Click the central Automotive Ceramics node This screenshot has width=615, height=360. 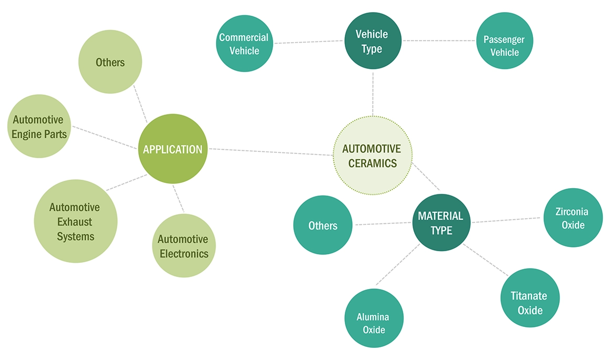pyautogui.click(x=373, y=156)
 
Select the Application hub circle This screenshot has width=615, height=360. pyautogui.click(x=172, y=149)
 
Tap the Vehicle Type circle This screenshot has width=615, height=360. pyautogui.click(x=372, y=41)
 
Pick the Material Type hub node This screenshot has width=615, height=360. pyautogui.click(x=440, y=223)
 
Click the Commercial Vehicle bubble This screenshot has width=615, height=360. pyautogui.click(x=244, y=44)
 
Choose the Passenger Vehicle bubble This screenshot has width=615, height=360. pyautogui.click(x=504, y=46)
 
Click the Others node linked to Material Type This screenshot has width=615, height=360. pyautogui.click(x=323, y=225)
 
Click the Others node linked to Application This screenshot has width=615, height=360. pyautogui.click(x=110, y=63)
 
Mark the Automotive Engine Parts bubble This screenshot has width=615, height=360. pyautogui.click(x=40, y=127)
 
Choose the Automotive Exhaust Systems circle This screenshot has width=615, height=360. pyautogui.click(x=75, y=221)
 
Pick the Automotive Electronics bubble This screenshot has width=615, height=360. pyautogui.click(x=183, y=246)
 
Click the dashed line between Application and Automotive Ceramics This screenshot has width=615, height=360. pyautogui.click(x=271, y=152)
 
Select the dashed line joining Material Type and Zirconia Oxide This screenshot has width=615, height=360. pyautogui.click(x=506, y=220)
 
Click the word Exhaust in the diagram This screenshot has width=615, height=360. pyautogui.click(x=75, y=222)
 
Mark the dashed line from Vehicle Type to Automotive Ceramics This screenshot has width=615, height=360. pyautogui.click(x=373, y=94)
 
